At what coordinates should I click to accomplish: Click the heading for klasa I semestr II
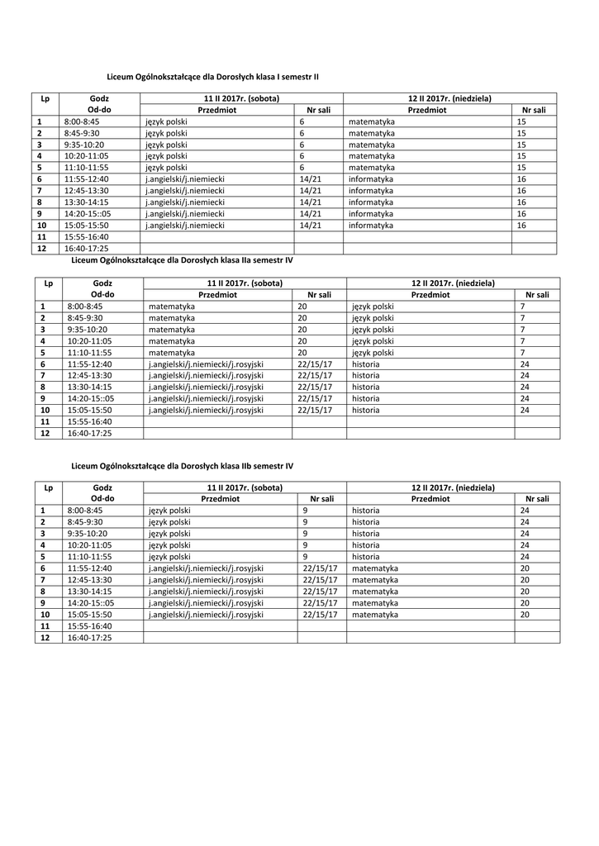pos(213,76)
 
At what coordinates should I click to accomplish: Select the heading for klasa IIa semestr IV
pos(183,259)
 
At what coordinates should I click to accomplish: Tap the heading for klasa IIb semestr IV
pos(183,466)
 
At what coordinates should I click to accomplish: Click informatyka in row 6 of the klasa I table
pos(370,178)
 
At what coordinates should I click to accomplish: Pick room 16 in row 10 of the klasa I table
pos(521,225)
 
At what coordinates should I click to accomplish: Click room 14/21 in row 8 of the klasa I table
pos(311,202)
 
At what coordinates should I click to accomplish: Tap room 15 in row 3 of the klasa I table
pos(521,145)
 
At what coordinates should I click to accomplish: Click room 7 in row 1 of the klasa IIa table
pos(522,306)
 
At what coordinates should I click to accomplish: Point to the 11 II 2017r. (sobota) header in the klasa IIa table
pos(245,283)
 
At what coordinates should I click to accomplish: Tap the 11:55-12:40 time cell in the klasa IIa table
pos(89,364)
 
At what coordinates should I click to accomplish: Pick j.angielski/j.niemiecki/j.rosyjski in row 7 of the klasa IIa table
pos(206,375)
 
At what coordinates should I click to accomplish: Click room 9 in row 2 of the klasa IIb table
pos(305,523)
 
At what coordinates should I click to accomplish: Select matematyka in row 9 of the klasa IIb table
pos(374,603)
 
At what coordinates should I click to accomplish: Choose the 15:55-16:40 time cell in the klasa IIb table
pos(89,626)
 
